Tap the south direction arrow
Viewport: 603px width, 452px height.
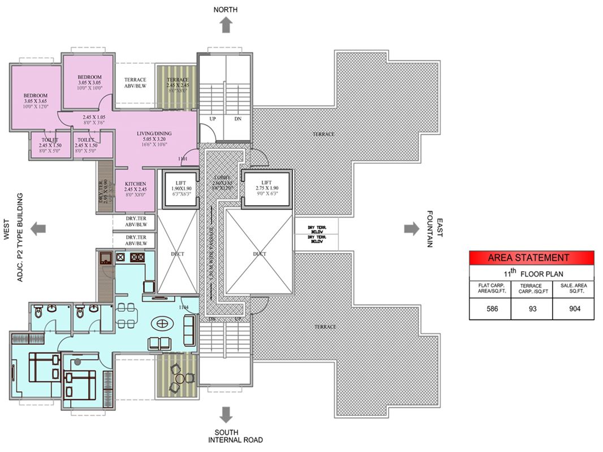[x=226, y=415]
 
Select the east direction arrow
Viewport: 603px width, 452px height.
[x=411, y=228]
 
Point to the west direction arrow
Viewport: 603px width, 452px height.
[x=38, y=228]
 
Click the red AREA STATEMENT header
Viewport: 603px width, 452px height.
[x=532, y=258]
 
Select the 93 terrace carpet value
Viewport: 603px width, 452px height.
[x=531, y=309]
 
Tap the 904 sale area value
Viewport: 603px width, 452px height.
[x=573, y=309]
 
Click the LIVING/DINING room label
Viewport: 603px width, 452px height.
[x=154, y=134]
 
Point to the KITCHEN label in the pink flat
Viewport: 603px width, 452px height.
[x=136, y=184]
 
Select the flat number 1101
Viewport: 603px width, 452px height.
[x=183, y=159]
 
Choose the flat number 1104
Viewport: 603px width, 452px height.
[x=183, y=307]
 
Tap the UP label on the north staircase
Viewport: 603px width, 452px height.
[x=213, y=119]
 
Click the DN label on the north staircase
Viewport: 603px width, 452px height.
[x=238, y=119]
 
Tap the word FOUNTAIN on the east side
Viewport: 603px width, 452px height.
[x=430, y=229]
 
